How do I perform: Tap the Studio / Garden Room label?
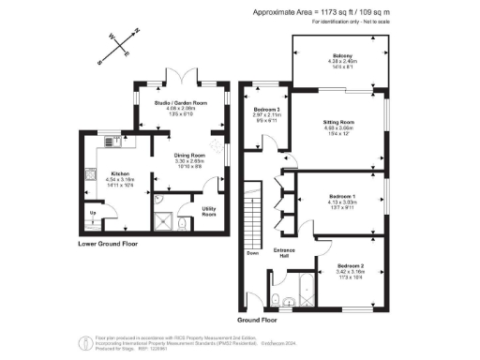coord(181,103)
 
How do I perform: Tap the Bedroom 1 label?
coord(342,198)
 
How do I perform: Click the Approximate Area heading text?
coord(321,11)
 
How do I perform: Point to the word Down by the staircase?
coord(252,252)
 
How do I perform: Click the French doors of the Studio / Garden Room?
coord(181,77)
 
